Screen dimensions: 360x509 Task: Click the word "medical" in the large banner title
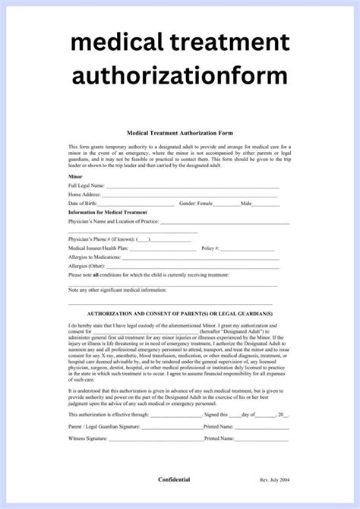click(x=115, y=42)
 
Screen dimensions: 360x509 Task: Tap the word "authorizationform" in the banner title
click(x=180, y=75)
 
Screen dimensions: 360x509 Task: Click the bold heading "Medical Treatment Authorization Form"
click(x=178, y=133)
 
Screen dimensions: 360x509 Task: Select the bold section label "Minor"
click(x=76, y=175)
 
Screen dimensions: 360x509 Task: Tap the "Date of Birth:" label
click(x=84, y=204)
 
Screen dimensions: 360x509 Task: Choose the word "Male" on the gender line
click(x=246, y=204)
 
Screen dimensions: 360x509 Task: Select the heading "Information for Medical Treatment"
click(x=108, y=212)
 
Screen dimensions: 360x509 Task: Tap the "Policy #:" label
click(x=210, y=248)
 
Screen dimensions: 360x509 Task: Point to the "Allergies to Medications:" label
click(x=96, y=258)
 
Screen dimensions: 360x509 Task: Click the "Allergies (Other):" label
click(x=87, y=267)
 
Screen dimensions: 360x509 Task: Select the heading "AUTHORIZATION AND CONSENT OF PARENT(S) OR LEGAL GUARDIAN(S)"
click(x=180, y=313)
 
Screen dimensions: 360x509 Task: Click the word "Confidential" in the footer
click(x=179, y=479)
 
